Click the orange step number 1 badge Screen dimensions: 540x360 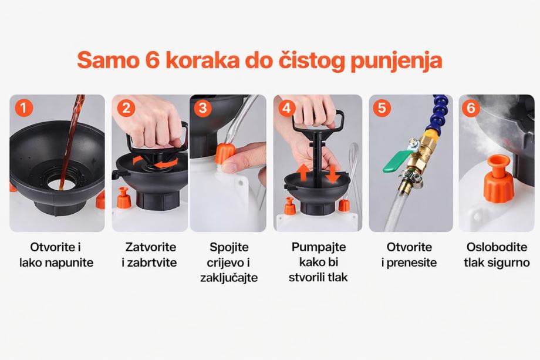[23, 108]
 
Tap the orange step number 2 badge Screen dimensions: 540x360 [126, 108]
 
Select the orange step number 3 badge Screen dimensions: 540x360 [203, 108]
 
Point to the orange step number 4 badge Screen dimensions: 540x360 [286, 108]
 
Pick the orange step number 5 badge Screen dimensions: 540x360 [382, 108]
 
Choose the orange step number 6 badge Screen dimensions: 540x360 [471, 108]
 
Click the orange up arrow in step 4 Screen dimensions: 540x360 [303, 173]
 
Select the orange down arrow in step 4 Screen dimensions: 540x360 [332, 174]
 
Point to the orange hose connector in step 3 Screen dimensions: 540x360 [225, 154]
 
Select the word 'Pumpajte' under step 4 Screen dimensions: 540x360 [319, 247]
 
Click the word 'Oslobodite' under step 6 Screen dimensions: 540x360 [497, 247]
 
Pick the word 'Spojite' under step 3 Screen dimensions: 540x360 [229, 248]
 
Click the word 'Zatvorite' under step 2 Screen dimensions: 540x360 [150, 247]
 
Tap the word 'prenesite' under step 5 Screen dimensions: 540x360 [411, 263]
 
